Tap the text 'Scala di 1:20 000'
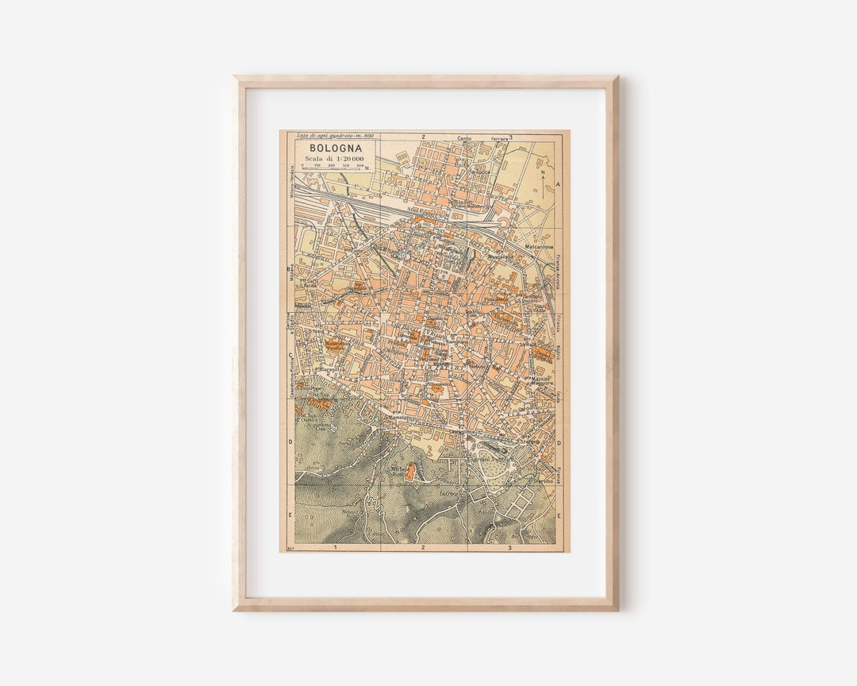pos(333,159)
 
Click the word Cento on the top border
pos(465,138)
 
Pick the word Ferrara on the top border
pos(499,138)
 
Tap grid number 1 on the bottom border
pos(335,547)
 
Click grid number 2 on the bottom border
pos(423,547)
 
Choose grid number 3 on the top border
pos(510,137)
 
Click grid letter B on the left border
pos(290,269)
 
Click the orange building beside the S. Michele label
pos(410,473)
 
